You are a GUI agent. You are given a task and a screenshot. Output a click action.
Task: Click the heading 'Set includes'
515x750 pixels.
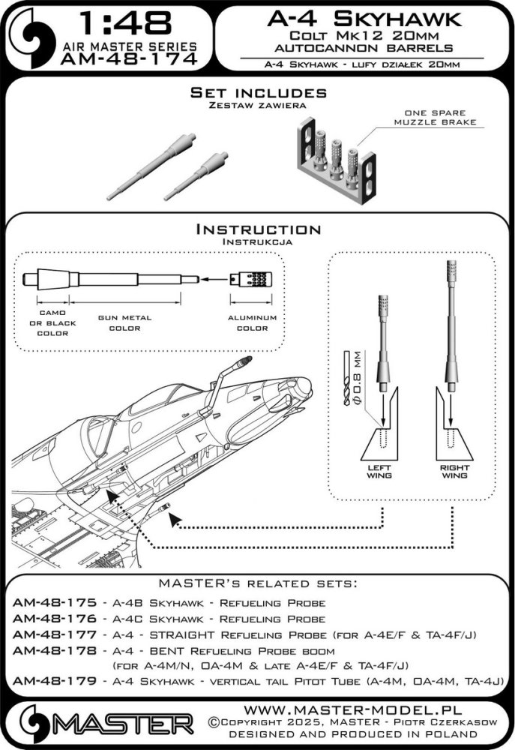pyautogui.click(x=259, y=93)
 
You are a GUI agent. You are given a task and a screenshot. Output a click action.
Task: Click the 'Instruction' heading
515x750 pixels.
pyautogui.click(x=258, y=229)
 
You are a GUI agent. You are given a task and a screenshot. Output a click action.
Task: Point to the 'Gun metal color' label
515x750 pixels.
pyautogui.click(x=124, y=323)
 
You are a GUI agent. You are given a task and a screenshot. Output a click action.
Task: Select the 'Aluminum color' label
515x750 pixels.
pyautogui.click(x=252, y=323)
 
